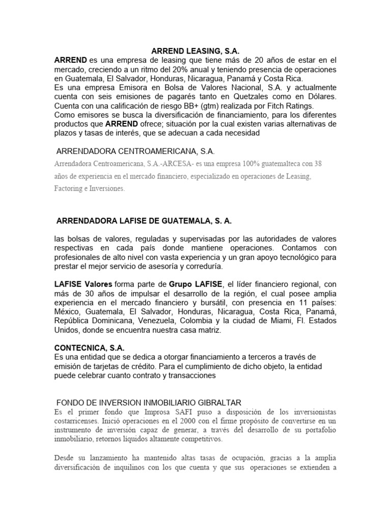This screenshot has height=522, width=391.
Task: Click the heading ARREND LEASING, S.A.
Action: pos(195,51)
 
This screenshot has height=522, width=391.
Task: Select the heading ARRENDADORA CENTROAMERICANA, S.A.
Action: pos(135,151)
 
